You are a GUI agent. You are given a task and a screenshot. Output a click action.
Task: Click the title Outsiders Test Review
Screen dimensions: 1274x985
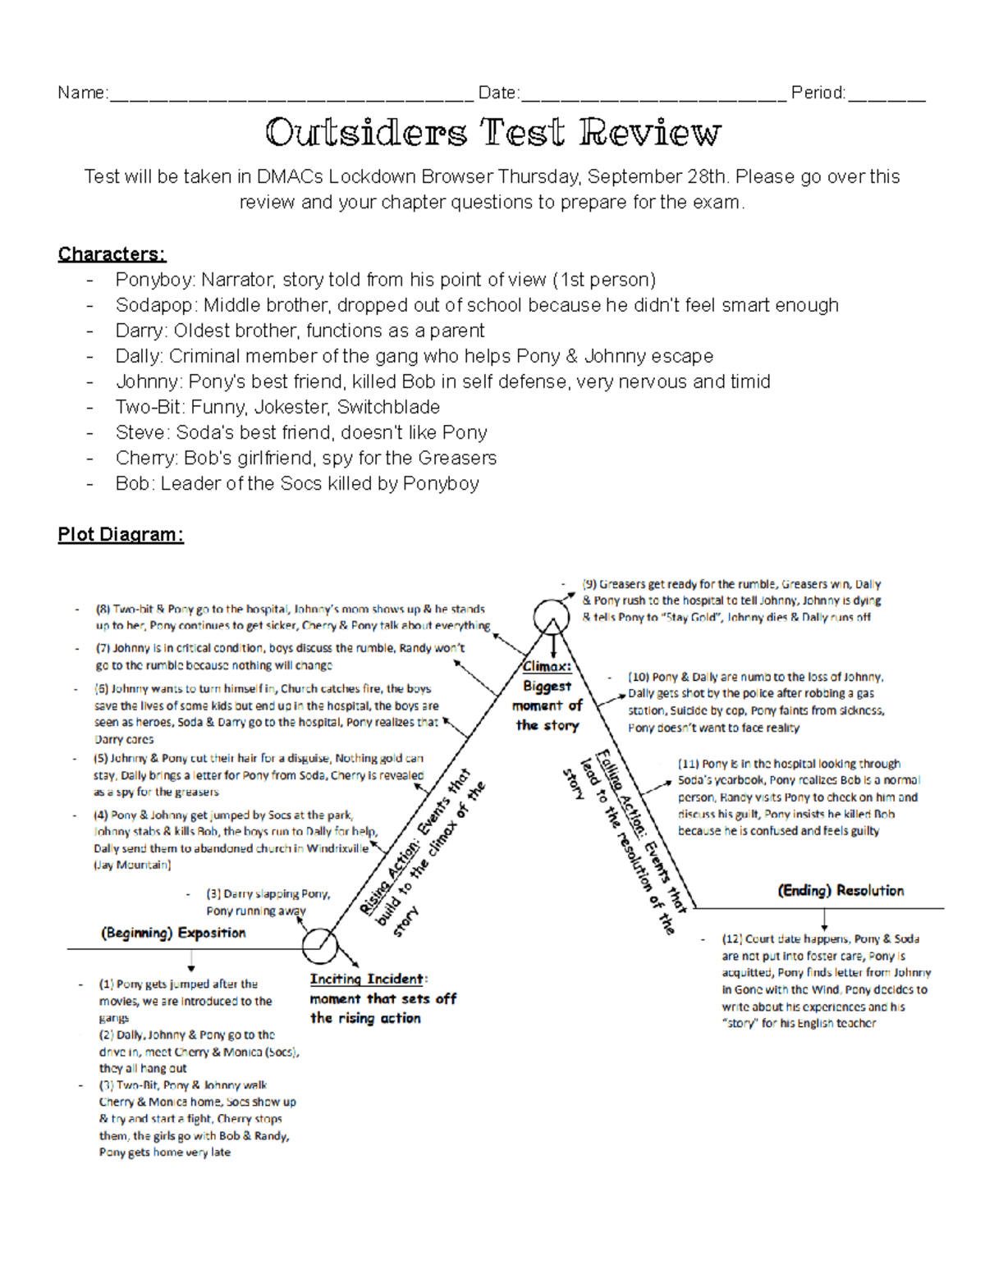492,132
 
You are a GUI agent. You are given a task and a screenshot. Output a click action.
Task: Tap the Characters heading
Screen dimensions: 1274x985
112,254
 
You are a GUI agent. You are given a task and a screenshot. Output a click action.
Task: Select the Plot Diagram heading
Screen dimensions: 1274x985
121,535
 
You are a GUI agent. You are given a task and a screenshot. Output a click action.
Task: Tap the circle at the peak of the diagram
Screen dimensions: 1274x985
552,617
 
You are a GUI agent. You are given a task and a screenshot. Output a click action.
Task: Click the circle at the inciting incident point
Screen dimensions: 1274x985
320,946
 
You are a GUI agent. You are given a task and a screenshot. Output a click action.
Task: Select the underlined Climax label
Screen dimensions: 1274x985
547,666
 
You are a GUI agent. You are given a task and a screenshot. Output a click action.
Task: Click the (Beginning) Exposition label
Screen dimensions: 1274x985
173,933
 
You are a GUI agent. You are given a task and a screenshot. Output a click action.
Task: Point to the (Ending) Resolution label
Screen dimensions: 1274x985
841,891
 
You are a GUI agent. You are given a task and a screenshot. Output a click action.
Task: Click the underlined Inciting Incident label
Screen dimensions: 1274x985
368,979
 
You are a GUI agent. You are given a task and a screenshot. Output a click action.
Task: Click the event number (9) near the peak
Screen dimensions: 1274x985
589,584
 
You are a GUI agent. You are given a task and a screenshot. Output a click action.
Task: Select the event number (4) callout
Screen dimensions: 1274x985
101,815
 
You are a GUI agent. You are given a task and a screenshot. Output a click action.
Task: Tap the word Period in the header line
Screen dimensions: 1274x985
818,93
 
